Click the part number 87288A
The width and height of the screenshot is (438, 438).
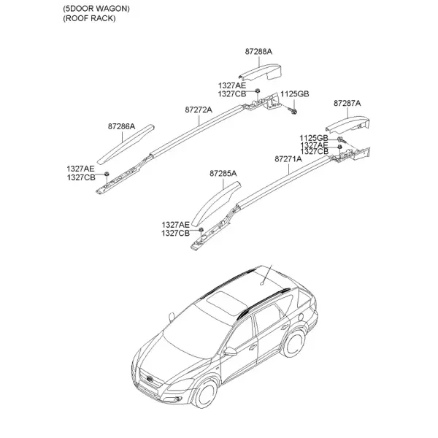258,52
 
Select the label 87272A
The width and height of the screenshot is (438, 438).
199,109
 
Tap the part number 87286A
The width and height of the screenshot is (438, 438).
121,126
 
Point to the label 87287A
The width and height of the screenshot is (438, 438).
347,104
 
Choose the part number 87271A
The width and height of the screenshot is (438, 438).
288,159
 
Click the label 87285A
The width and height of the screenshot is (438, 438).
223,174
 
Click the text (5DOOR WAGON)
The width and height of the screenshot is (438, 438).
96,9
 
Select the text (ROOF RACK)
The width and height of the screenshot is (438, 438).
89,18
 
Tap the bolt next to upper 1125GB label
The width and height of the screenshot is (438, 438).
293,112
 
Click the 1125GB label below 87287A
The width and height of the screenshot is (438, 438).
314,138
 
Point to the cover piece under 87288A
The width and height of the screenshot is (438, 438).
260,72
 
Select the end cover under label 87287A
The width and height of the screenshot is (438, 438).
347,124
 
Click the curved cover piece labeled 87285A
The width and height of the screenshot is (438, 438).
215,203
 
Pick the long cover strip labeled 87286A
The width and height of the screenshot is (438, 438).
126,144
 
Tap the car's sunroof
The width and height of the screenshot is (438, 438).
226,303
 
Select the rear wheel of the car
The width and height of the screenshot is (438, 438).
294,344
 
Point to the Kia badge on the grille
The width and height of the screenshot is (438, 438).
150,379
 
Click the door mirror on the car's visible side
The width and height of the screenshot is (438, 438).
230,351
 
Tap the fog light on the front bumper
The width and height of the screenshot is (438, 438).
177,399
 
